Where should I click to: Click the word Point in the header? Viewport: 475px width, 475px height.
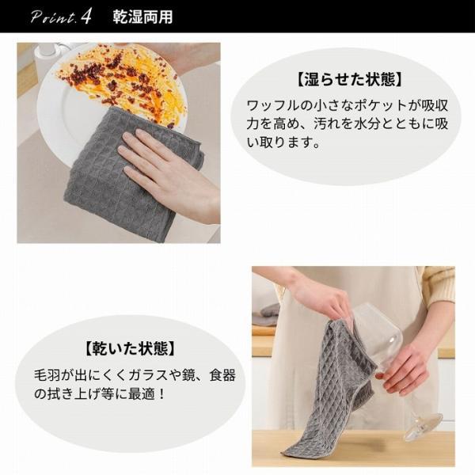click(x=53, y=17)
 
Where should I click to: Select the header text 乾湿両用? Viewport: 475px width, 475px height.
click(x=142, y=17)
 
